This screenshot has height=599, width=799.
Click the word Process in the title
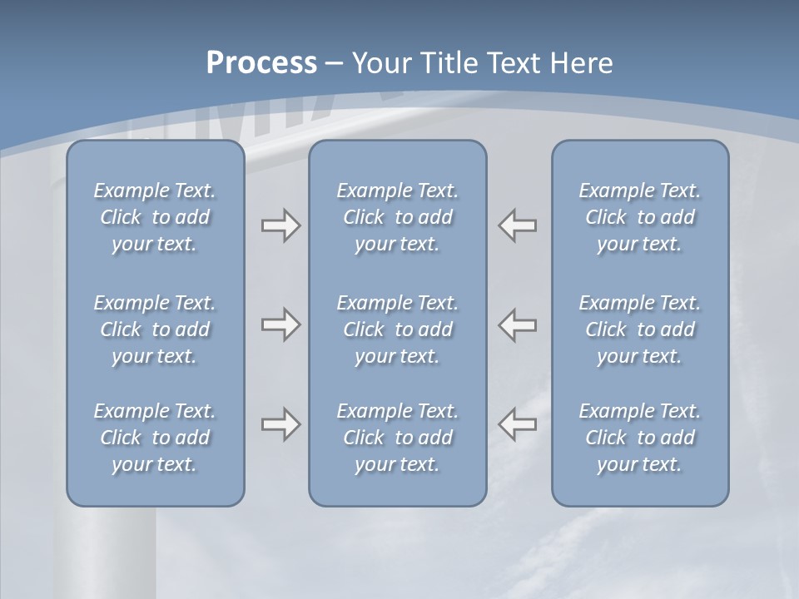click(261, 63)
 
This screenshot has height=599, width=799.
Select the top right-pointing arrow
click(280, 225)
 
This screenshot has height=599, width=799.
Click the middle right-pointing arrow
click(280, 324)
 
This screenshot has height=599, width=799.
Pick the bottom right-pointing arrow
click(280, 424)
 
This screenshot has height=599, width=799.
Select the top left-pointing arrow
click(518, 225)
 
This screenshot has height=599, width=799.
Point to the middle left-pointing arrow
click(518, 324)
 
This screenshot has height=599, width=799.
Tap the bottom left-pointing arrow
click(518, 424)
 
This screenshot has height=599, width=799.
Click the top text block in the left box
click(155, 217)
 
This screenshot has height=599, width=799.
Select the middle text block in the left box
click(155, 329)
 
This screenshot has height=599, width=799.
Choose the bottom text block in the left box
click(155, 438)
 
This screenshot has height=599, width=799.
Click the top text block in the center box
click(398, 217)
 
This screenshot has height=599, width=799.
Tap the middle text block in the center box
click(398, 329)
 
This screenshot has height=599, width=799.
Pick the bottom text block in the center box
click(398, 438)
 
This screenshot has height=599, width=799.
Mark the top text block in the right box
click(640, 217)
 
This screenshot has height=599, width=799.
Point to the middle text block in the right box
click(640, 329)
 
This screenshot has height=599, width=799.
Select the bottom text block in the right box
click(640, 438)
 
